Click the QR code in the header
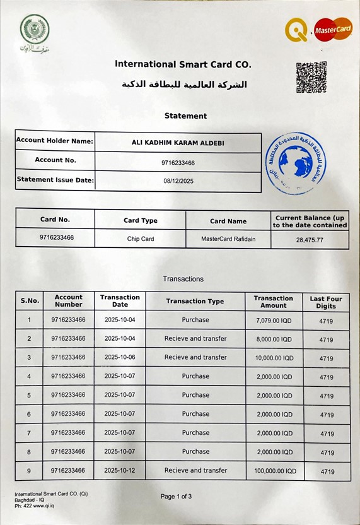[x=311, y=77]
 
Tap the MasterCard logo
[x=333, y=29]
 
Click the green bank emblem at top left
[x=34, y=30]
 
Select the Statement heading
[x=185, y=116]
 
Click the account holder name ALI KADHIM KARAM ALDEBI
[x=178, y=143]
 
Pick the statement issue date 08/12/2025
[x=178, y=180]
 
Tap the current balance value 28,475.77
[x=310, y=240]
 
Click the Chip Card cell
[x=140, y=239]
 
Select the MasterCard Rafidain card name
[x=228, y=239]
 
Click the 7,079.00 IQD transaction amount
[x=274, y=321]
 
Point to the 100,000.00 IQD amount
[x=273, y=471]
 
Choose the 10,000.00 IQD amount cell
[x=274, y=358]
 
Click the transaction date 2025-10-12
[x=120, y=471]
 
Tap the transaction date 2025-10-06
[x=120, y=357]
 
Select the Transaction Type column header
[x=195, y=301]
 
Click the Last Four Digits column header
[x=326, y=302]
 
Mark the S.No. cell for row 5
[x=29, y=396]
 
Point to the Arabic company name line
[x=184, y=84]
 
